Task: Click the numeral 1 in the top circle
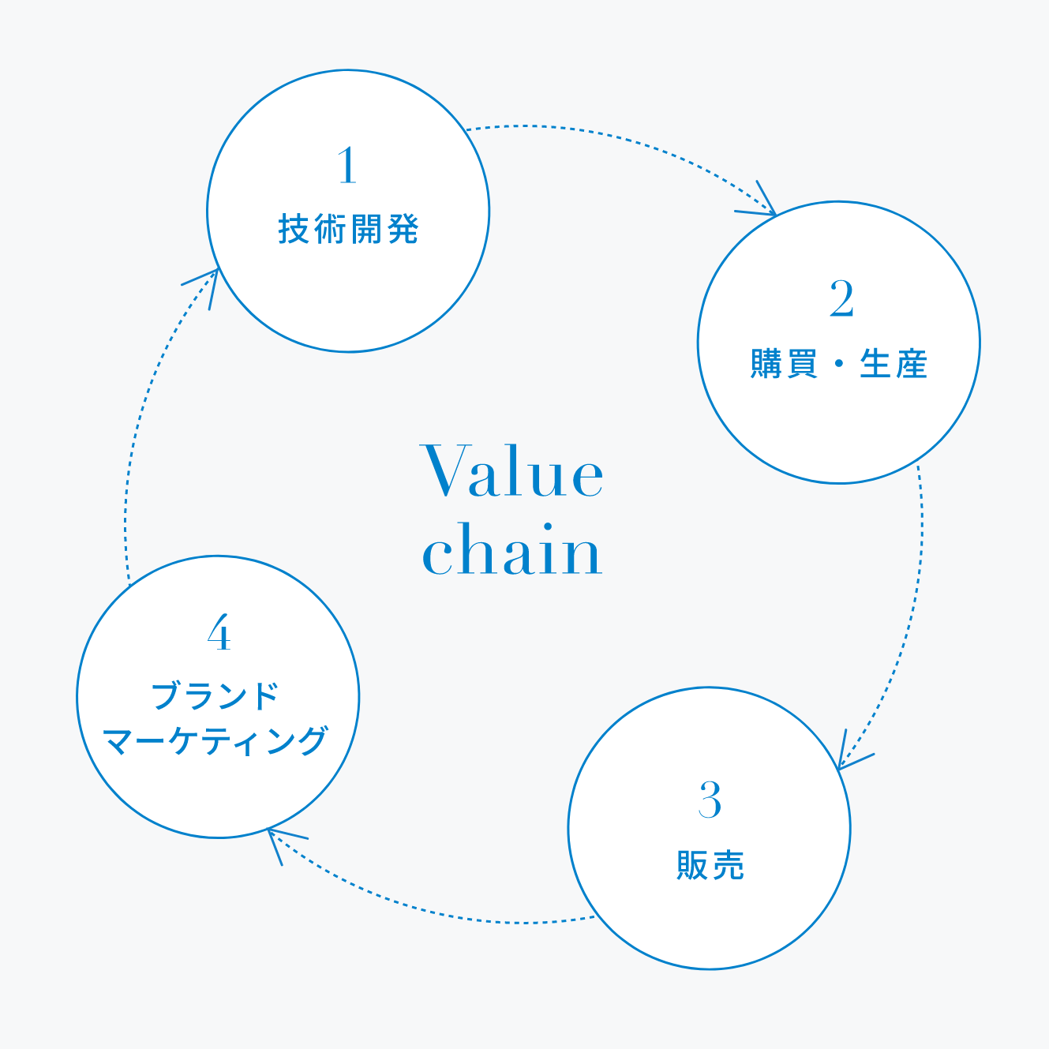pyautogui.click(x=347, y=166)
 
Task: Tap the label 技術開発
pyautogui.click(x=348, y=230)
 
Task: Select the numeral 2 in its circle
pyautogui.click(x=841, y=299)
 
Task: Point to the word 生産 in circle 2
pyautogui.click(x=893, y=364)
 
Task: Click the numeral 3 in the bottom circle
pyautogui.click(x=710, y=800)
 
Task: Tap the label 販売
pyautogui.click(x=710, y=865)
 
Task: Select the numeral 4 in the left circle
pyautogui.click(x=219, y=633)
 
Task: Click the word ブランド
pyautogui.click(x=215, y=696)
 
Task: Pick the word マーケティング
pyautogui.click(x=215, y=741)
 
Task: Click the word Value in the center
pyautogui.click(x=513, y=471)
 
